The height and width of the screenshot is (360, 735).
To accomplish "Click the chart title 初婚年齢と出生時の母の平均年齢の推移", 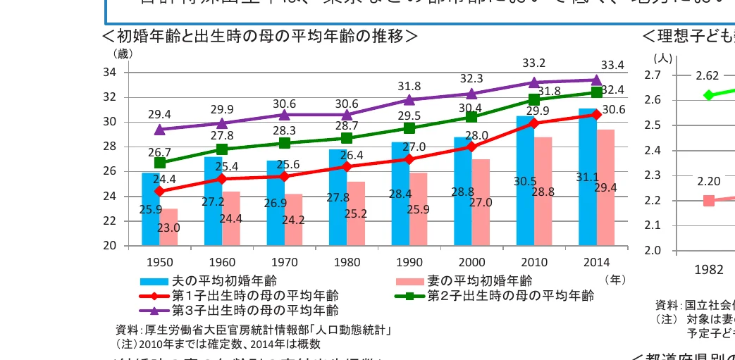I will (261, 36).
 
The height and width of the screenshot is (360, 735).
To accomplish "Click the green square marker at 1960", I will (222, 149).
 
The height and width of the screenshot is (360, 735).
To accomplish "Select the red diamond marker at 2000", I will (471, 147).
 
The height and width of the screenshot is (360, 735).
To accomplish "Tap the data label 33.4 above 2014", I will (612, 66).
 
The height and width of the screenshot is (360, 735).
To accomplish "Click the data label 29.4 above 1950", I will (159, 113).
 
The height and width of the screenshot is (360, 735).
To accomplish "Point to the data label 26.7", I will (159, 152).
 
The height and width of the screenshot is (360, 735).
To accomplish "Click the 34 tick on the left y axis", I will (110, 73).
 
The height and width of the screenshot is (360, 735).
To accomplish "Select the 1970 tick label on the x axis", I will (284, 263).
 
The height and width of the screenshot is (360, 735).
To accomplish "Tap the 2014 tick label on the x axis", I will (596, 263).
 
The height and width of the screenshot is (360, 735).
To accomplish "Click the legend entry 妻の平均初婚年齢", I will (480, 281).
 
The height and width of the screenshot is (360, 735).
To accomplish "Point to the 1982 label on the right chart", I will (708, 268).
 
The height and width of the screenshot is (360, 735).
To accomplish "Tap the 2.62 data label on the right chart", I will (707, 76).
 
